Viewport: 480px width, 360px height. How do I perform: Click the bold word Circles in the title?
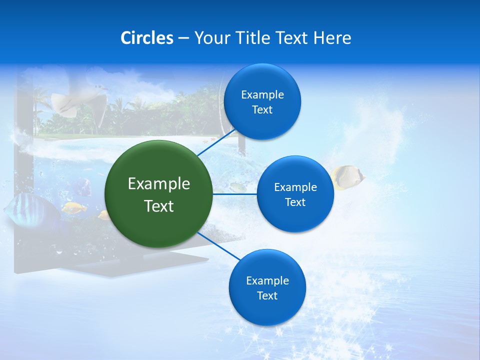[x=147, y=38]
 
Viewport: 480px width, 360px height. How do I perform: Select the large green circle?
[x=159, y=194]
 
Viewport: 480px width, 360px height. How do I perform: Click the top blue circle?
[x=262, y=102]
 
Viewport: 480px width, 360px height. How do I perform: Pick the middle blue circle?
[x=295, y=194]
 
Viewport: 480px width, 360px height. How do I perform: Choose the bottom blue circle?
[x=267, y=288]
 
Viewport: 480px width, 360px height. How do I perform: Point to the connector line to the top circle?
[x=216, y=142]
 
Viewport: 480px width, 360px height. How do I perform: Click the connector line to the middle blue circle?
[x=235, y=194]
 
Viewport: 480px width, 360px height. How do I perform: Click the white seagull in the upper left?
[x=80, y=100]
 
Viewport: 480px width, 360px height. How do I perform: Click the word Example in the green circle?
[x=159, y=184]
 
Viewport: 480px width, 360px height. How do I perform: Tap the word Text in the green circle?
[x=159, y=206]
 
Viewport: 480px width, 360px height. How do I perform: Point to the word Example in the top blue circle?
[x=262, y=95]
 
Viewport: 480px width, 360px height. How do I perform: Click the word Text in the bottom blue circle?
[x=267, y=296]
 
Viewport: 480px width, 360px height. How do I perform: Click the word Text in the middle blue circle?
[x=295, y=202]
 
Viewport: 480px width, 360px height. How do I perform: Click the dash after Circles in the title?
[x=183, y=38]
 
